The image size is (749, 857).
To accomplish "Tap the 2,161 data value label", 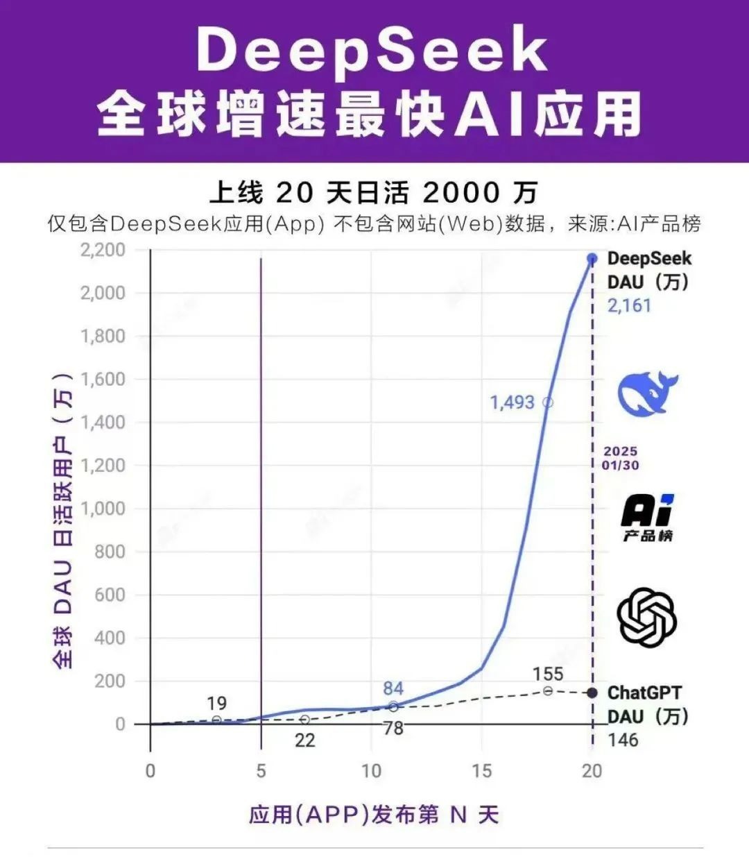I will click(x=629, y=305).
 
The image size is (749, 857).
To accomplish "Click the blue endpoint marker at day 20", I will click(x=592, y=258).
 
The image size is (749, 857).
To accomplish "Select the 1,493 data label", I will click(x=512, y=402).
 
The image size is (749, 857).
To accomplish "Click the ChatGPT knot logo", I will click(x=646, y=617).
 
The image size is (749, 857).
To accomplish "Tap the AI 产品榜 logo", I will click(x=647, y=518).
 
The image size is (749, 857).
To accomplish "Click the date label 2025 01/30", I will click(x=620, y=458).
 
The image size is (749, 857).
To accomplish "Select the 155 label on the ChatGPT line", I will click(x=548, y=674).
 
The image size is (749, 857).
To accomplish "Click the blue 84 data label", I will click(x=393, y=688).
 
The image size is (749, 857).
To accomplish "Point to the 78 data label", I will click(x=393, y=728).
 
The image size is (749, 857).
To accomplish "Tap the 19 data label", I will click(x=216, y=703).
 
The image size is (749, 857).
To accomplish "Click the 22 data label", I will click(x=304, y=740).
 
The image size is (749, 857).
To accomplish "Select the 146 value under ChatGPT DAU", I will click(x=623, y=740).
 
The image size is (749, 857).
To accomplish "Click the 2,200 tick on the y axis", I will click(x=103, y=250).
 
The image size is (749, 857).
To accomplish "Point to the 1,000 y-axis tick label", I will click(x=103, y=508).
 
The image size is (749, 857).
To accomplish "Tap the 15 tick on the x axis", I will click(x=481, y=771).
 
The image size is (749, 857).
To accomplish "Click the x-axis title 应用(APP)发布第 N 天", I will click(x=374, y=814).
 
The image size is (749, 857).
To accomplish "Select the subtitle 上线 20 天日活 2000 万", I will click(x=374, y=192).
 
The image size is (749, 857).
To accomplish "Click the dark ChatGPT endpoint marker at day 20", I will click(x=592, y=693).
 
